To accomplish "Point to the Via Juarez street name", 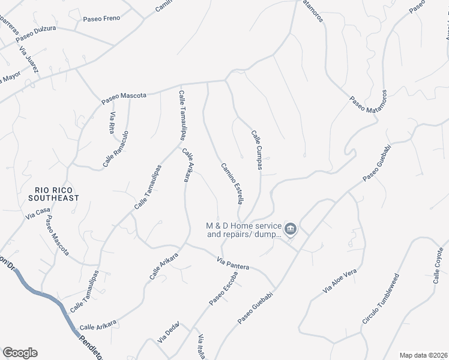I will pos(29,60).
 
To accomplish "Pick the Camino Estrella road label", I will pos(231,182).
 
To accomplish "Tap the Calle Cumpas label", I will pos(256,150).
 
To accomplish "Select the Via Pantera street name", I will pos(233,262).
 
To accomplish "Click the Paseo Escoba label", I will pos(223,289).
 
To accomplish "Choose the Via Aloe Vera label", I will pos(340,281).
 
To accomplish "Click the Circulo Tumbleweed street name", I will pos(380,300).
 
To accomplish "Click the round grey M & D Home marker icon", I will pos(291,229).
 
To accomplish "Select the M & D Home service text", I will pos(244,230).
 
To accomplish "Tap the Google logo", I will pos(20,353).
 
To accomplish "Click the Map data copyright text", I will pos(423,355).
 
